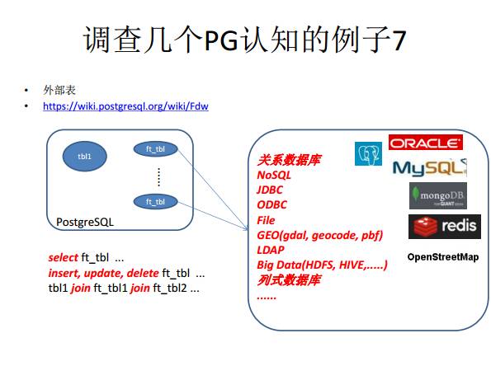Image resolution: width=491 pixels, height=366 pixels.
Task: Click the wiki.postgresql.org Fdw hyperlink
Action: (125, 106)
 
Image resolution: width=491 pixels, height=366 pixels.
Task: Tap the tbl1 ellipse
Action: (84, 156)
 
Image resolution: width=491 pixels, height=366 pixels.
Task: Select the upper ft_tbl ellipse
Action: (155, 149)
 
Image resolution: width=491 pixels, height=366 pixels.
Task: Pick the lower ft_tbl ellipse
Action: (155, 202)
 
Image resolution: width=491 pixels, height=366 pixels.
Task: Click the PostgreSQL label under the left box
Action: (85, 222)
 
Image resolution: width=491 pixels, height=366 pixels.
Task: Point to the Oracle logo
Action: (426, 143)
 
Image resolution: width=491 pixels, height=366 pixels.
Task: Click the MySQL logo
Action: (430, 168)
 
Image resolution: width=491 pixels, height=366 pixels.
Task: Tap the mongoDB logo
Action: (438, 196)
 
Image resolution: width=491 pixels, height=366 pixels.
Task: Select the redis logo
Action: (445, 227)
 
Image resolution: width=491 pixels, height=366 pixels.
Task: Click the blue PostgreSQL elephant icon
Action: (368, 153)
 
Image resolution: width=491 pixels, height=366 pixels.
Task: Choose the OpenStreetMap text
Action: (443, 257)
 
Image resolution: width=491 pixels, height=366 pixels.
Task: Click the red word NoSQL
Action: (274, 176)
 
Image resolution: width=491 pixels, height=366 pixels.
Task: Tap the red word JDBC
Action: (270, 190)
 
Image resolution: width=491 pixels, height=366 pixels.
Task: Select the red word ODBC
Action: (271, 205)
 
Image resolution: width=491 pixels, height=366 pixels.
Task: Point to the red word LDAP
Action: (271, 250)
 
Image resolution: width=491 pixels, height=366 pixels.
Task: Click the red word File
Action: (266, 220)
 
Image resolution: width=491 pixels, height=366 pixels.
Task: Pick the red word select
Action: (63, 258)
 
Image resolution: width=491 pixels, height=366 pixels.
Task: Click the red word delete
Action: (143, 273)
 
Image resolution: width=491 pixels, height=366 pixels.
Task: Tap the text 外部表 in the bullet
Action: (59, 90)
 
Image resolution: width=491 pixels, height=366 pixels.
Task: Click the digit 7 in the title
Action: (399, 40)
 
